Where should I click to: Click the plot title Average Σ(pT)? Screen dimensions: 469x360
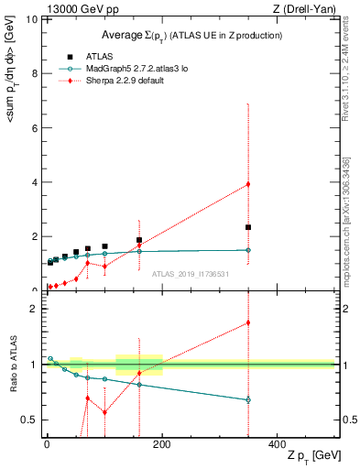(x=191, y=35)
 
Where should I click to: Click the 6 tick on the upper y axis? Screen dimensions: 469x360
(x=34, y=127)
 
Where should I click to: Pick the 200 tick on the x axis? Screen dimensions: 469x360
(x=161, y=443)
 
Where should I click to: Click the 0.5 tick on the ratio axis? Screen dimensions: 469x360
(x=30, y=420)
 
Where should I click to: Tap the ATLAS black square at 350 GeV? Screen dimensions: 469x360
(x=248, y=227)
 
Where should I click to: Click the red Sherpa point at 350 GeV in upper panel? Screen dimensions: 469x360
(x=248, y=184)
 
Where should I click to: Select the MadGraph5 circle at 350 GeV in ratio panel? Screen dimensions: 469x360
(x=248, y=400)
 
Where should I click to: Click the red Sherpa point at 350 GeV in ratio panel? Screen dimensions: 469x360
(x=248, y=322)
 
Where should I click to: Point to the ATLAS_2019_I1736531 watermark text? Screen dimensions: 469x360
(x=190, y=273)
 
